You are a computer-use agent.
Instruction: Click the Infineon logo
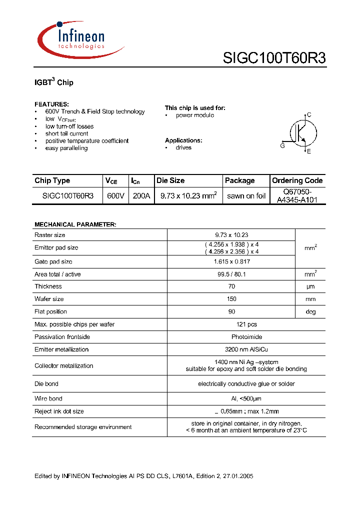[80, 38]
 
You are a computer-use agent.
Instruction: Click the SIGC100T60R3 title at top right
[274, 58]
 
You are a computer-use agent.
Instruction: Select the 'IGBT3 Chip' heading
[54, 82]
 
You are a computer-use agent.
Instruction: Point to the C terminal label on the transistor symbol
[309, 115]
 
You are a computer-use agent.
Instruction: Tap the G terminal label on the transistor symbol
[282, 145]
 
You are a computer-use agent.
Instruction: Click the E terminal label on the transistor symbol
[309, 151]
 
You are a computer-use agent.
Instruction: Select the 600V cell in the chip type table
[115, 196]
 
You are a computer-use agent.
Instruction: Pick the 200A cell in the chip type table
[141, 196]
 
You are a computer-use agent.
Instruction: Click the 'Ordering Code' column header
[297, 180]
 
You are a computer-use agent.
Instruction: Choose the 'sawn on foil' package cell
[246, 196]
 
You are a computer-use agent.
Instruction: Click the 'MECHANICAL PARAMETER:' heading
[75, 224]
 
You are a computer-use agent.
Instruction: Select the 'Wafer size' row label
[49, 299]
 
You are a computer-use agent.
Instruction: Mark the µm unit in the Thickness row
[310, 286]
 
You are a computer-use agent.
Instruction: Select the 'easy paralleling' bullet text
[66, 148]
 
